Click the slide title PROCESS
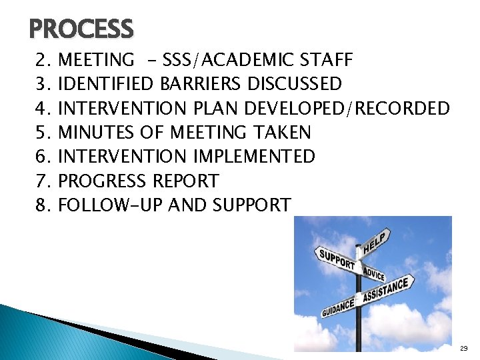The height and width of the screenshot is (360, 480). coord(81,29)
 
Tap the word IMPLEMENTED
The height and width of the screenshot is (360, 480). coord(253,157)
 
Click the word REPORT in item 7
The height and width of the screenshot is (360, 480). coord(185,181)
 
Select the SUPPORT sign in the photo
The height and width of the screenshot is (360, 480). coord(335,260)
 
